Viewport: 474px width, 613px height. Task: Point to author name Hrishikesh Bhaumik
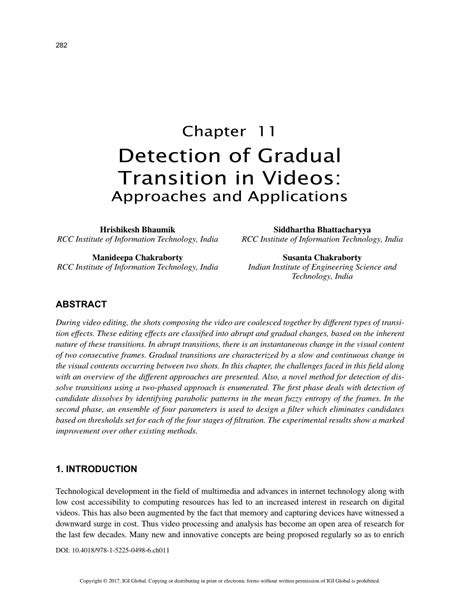point(138,229)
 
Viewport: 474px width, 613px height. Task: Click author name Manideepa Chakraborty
point(138,257)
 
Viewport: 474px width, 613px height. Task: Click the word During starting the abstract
point(73,327)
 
